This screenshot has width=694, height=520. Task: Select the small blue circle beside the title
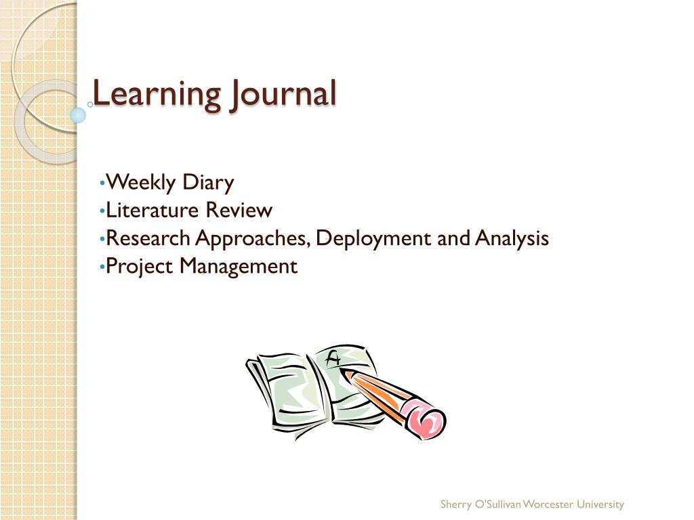(79, 115)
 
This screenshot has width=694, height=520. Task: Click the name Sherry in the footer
(455, 504)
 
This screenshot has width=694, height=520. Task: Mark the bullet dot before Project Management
(102, 267)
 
